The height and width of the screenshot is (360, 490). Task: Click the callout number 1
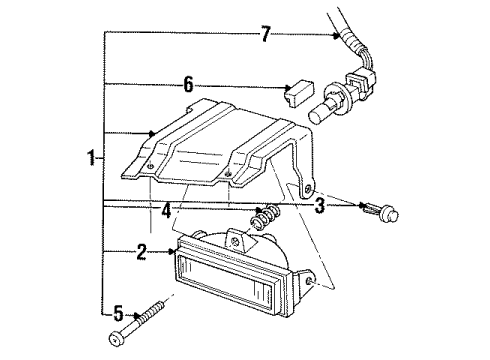point(91,159)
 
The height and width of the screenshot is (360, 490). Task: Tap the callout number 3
point(318,207)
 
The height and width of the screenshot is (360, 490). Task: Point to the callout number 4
point(167,212)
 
